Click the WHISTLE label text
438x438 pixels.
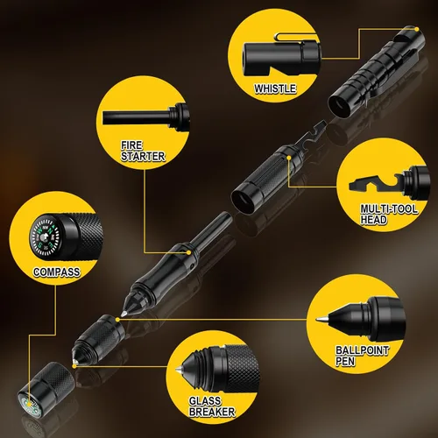coord(275,88)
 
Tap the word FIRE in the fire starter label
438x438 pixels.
coord(131,145)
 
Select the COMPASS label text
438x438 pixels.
coord(57,272)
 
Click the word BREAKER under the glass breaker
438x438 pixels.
coord(212,412)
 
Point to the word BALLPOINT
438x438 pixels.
coord(363,350)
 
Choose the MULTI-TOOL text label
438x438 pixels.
coord(389,208)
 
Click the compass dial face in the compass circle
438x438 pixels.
coord(45,237)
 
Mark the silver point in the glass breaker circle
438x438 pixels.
coord(177,371)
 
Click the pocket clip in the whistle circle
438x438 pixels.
coord(295,38)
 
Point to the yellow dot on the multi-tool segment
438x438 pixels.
coord(289,158)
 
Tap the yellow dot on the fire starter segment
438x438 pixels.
coord(189,252)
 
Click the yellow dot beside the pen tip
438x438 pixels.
coord(117,320)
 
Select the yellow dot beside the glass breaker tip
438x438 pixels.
coord(74,366)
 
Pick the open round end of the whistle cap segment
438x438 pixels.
coord(340,106)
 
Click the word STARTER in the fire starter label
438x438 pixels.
coord(143,157)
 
